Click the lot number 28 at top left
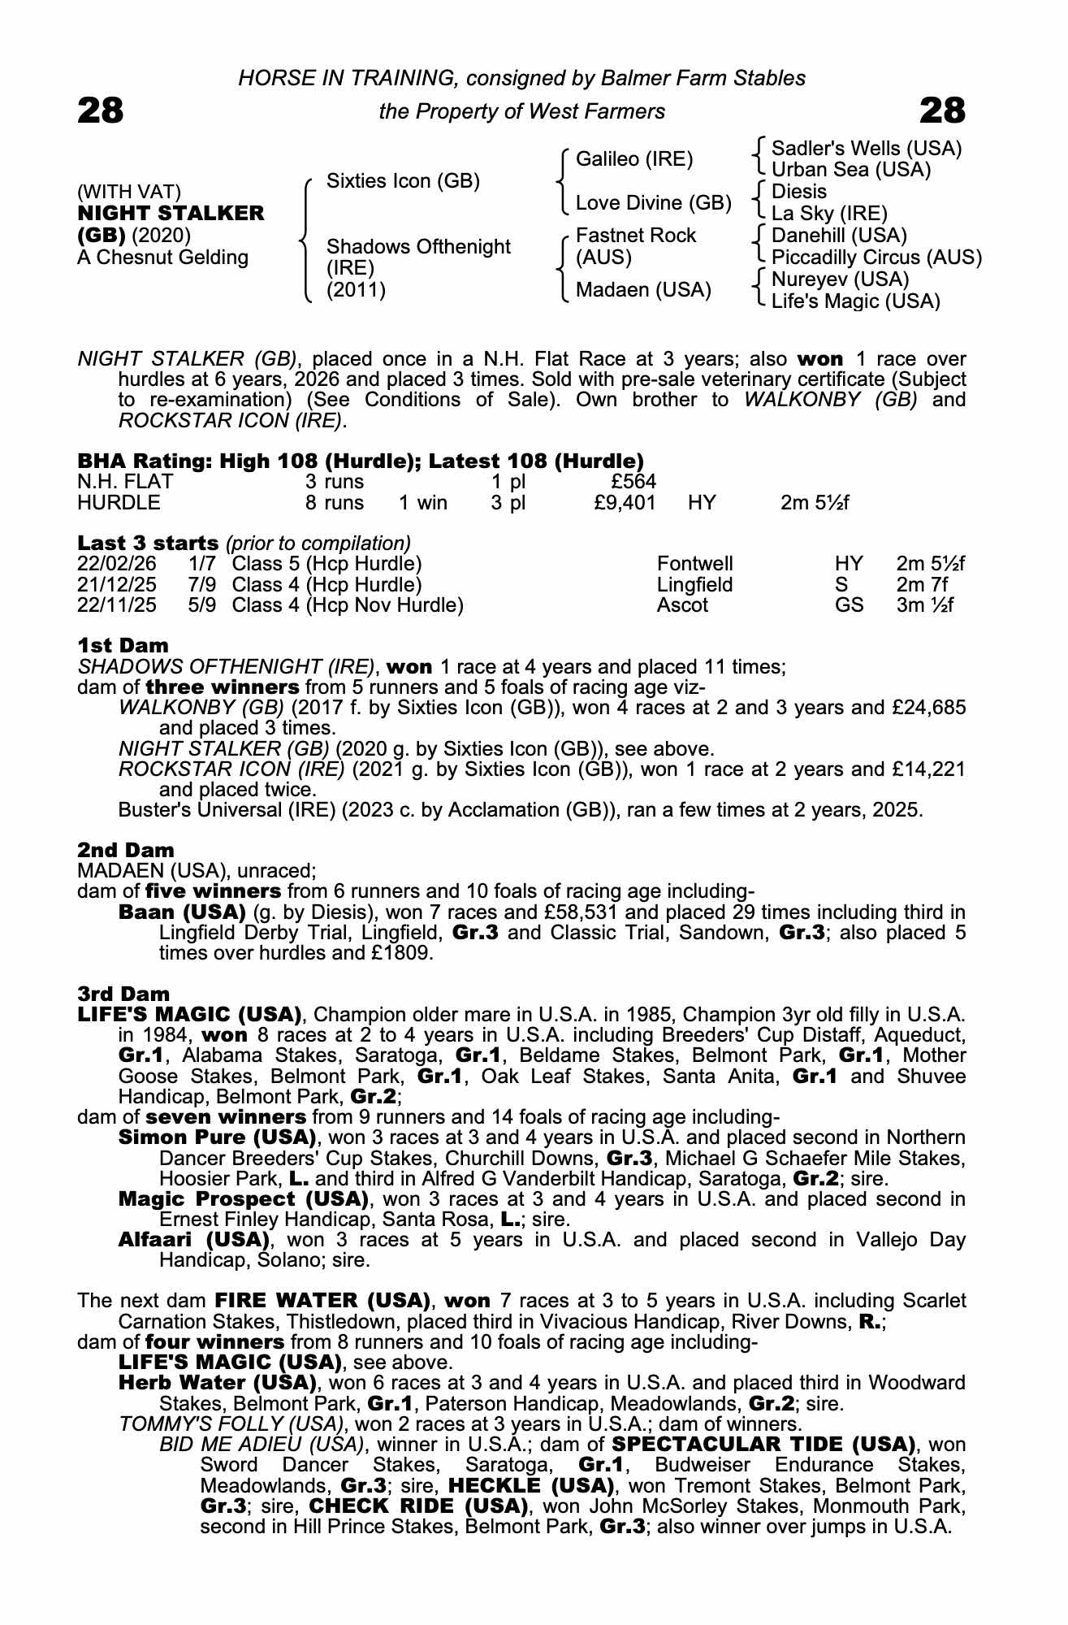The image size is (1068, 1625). point(101,110)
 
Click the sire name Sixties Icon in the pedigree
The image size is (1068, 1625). point(403,180)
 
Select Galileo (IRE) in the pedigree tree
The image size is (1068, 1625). point(633,159)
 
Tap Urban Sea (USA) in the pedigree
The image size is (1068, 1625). point(850,170)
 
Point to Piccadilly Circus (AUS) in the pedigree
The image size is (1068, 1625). point(876,258)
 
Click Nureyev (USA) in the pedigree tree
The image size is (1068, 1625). point(840,279)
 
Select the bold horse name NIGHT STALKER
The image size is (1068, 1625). point(171,214)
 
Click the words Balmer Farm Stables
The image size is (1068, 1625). point(703,78)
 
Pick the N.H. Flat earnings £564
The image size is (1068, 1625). point(633,483)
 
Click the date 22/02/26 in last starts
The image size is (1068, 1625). point(116,564)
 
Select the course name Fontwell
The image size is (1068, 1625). point(694,564)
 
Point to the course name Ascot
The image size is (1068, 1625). point(682,605)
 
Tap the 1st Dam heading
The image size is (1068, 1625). point(123,646)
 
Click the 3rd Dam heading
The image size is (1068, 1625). point(123,994)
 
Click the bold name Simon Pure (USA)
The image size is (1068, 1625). point(217,1137)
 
